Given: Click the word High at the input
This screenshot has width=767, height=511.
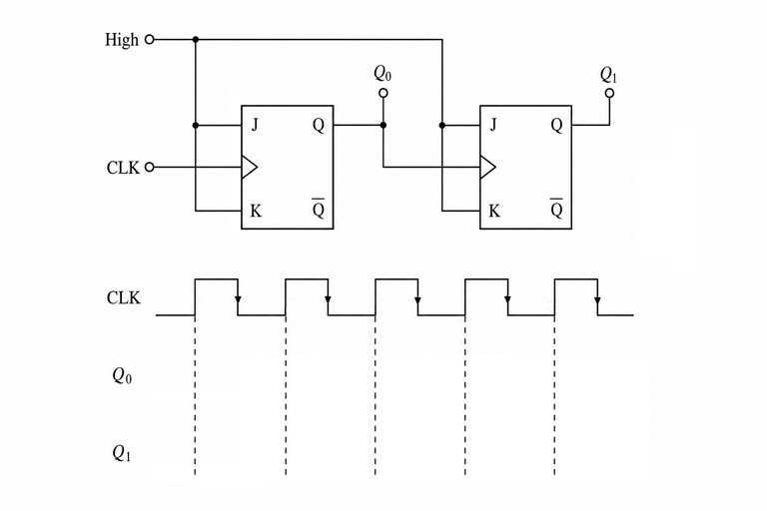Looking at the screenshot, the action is coord(122,40).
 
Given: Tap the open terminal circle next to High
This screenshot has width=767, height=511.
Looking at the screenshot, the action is coord(150,40).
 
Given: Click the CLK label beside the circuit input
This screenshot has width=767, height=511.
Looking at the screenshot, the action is coord(123,168).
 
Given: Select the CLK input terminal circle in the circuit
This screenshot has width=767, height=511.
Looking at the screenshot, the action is coord(150,168).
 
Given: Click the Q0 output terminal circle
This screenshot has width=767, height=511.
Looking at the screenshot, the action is coord(383,93).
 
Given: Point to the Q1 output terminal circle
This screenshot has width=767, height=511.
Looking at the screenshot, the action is coord(609,93).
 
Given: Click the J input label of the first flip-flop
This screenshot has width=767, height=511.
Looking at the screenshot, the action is coord(255,125).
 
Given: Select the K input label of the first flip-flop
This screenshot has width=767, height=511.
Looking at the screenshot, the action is coord(256,212).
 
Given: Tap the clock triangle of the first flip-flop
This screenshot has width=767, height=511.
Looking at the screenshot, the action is coord(249,168).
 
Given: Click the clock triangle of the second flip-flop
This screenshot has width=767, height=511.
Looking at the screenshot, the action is coord(487,168).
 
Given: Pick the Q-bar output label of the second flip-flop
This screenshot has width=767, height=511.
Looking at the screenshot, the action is coord(556,209).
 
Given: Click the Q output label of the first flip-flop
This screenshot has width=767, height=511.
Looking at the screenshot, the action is coord(319,126).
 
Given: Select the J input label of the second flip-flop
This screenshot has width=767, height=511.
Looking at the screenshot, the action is coord(493,125).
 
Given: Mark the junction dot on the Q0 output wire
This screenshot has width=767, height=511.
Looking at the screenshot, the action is coord(383,125).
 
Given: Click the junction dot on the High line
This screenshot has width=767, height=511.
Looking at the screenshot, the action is coord(196,40).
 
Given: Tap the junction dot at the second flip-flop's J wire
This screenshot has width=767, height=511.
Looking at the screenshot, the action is coord(442,125).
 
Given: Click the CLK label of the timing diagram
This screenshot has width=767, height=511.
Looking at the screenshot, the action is coord(123,297).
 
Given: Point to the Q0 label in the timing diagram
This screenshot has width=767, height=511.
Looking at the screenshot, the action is coord(122,375).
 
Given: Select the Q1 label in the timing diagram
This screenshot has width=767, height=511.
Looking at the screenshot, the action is coord(122,453).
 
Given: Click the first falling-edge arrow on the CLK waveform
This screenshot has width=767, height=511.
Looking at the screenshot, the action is coord(238,299).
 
